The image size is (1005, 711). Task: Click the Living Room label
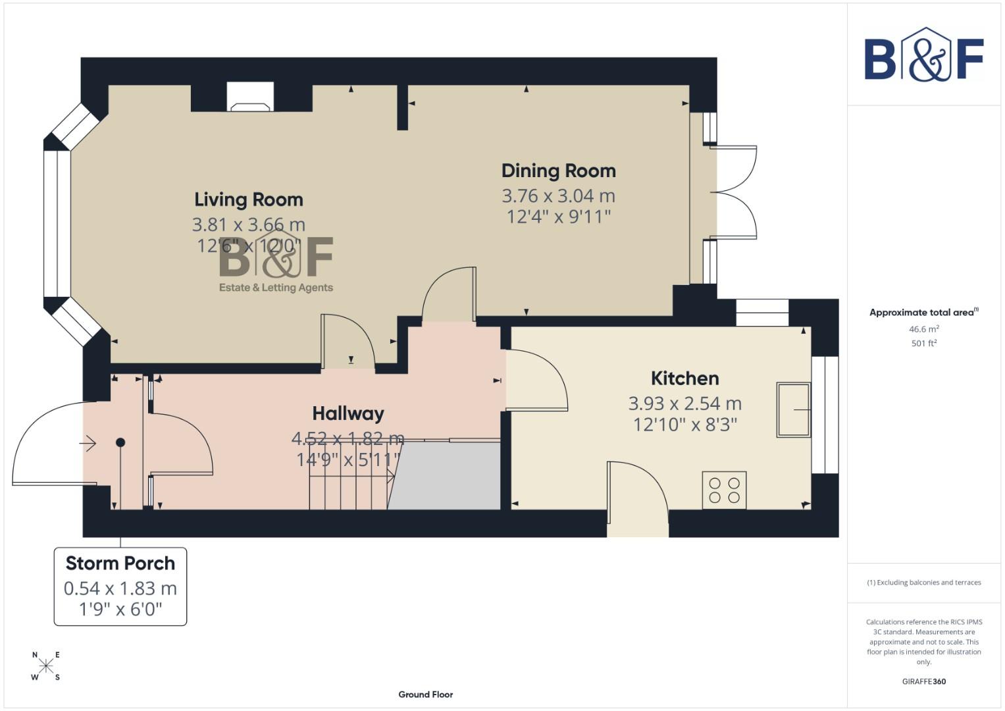point(249,199)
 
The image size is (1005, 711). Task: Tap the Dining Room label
point(558,171)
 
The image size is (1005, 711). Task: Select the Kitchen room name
point(684,379)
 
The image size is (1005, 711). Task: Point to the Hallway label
point(348,413)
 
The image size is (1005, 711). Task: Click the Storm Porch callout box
point(120,586)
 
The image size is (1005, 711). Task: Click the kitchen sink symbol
point(793,409)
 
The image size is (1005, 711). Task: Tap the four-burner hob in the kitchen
point(724,490)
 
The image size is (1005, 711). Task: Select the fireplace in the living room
point(250,97)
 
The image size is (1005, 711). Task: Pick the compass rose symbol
point(45,666)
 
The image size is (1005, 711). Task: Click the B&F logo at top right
point(923,56)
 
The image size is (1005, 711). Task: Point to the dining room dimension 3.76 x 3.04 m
point(558,196)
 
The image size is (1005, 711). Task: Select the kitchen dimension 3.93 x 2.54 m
point(684,404)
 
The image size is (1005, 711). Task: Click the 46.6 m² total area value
point(923,329)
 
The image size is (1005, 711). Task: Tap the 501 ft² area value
point(923,343)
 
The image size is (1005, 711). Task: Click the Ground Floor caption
point(425,695)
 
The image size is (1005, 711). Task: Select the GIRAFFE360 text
point(923,681)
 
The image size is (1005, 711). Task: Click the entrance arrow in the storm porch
point(88,443)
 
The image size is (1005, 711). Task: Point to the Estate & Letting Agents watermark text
point(276,288)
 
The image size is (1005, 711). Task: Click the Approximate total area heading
point(923,313)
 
